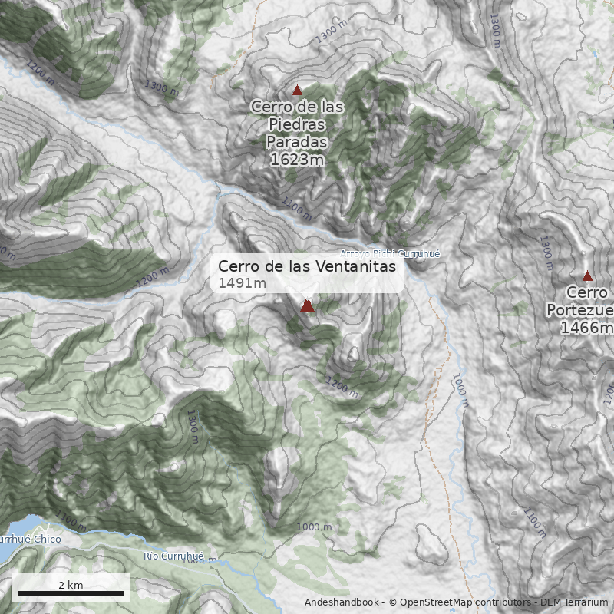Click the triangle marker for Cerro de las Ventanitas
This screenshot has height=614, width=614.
tap(308, 306)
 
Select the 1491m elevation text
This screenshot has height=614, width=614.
tap(242, 284)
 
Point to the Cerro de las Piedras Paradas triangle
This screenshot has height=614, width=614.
tap(297, 91)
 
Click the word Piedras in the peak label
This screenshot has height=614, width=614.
tap(297, 124)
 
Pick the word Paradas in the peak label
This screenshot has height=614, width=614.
tap(297, 142)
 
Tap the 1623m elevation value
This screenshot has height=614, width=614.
tap(297, 160)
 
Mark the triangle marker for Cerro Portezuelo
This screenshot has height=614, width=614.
tap(588, 276)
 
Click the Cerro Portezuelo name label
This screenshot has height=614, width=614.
tap(588, 301)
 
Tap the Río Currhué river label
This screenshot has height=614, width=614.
tap(173, 556)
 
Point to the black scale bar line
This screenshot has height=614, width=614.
tap(71, 593)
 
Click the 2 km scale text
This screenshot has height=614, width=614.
tap(71, 585)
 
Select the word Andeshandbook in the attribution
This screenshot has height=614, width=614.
tap(342, 602)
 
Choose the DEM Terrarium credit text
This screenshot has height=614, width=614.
tap(574, 602)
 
